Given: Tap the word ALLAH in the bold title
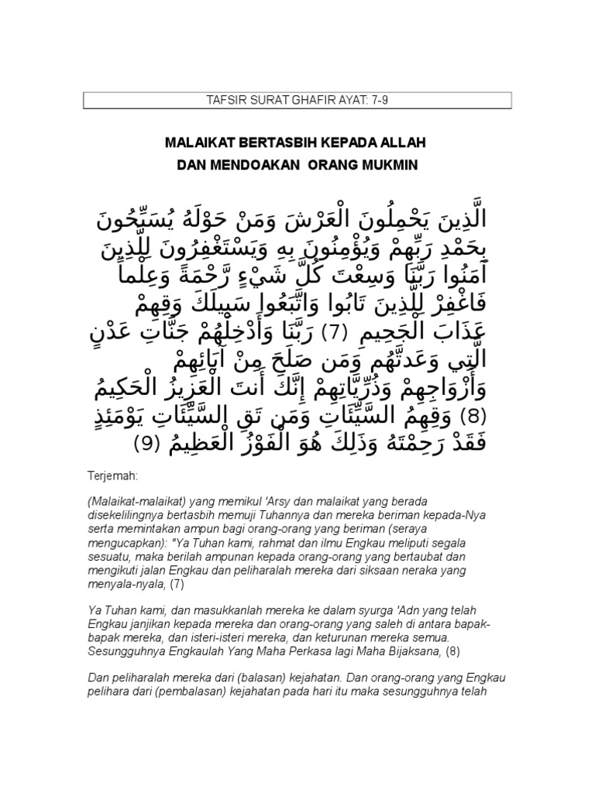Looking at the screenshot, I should coord(403,144).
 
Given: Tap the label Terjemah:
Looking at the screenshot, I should coord(110,472).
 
